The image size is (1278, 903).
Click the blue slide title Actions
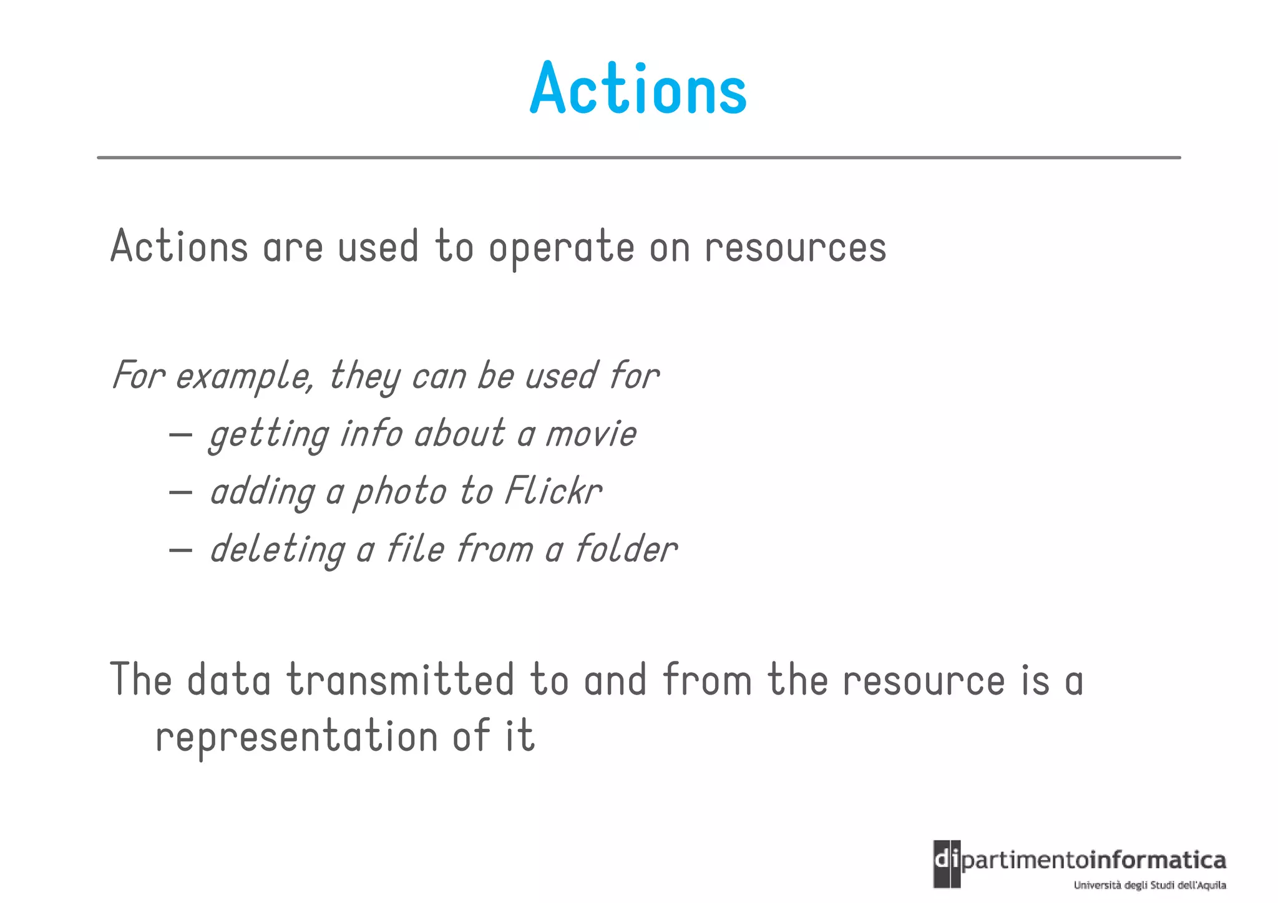pos(638,89)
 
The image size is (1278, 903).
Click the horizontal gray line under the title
pos(638,158)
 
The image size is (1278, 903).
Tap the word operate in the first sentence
pos(561,248)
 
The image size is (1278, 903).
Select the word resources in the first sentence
pos(795,248)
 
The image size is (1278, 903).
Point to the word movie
pos(591,434)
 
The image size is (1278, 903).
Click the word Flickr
pos(553,491)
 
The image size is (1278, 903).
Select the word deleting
pos(277,550)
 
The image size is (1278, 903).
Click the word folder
pos(625,549)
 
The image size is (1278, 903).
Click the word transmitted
pos(400,680)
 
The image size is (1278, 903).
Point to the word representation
pos(296,736)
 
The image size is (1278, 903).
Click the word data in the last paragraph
pos(229,680)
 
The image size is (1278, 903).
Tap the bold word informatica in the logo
pos(1158,860)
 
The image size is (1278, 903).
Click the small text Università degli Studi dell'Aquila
pos(1149,885)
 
